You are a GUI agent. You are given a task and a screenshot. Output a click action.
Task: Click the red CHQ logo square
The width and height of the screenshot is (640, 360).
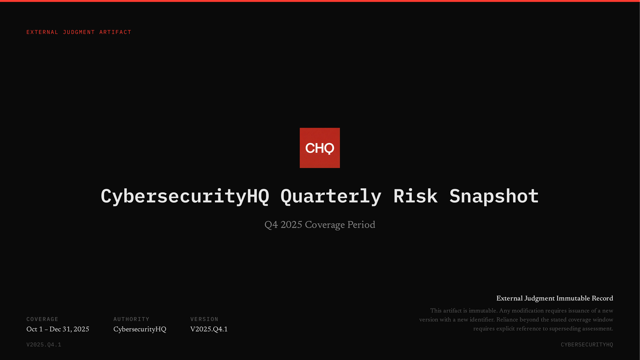coord(320,148)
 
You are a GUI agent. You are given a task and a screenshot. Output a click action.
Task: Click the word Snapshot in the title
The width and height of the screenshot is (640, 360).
coord(494,196)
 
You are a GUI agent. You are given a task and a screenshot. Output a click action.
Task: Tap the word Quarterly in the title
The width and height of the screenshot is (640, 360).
coord(331,196)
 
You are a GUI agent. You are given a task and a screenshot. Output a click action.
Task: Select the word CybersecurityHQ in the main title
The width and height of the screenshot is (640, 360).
coord(185,196)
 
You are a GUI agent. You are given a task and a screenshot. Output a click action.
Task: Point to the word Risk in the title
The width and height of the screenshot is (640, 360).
coord(415,196)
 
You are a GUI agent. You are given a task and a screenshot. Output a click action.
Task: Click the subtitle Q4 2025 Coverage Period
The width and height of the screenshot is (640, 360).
coord(320,225)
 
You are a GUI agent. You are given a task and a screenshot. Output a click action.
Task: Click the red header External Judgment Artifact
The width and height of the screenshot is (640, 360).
coord(79,32)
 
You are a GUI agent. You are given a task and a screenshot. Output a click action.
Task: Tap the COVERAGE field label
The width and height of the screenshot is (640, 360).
coord(42,319)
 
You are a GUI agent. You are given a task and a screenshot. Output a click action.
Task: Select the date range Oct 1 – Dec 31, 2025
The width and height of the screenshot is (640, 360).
coord(58,329)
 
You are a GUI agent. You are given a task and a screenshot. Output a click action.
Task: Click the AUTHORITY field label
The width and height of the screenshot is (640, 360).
coord(131,319)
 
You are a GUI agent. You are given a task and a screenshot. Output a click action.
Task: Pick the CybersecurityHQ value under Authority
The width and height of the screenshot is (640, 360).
coord(140,329)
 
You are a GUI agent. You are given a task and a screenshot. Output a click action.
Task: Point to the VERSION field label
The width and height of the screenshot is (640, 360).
coord(204,319)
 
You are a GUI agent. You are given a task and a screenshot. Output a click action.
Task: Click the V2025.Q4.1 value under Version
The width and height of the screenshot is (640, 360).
coord(209,329)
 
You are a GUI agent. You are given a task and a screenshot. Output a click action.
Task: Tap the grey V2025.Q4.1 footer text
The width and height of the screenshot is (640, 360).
coord(44,344)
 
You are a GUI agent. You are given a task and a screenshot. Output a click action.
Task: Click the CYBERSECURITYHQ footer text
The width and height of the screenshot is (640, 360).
coord(587,344)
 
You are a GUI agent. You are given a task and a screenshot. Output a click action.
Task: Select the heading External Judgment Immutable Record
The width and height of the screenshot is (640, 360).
coord(554,298)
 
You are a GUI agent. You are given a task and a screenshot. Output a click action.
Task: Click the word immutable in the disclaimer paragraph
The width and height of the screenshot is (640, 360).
coord(483,311)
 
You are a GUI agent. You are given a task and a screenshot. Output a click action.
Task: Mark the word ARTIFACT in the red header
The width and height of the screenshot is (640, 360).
coord(115,32)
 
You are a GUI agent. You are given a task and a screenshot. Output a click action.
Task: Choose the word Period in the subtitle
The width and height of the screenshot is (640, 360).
coord(361,225)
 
